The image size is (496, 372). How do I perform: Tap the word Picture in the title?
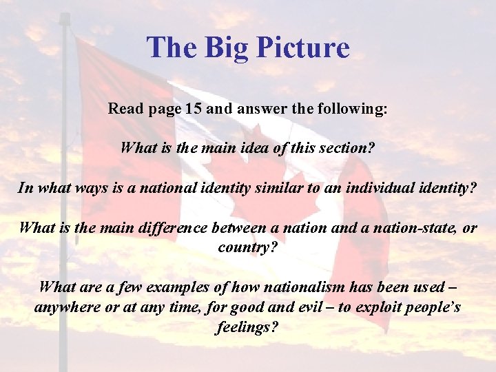pos(304,48)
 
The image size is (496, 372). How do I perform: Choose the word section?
pos(342,147)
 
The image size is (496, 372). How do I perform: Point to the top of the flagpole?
pos(64,17)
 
